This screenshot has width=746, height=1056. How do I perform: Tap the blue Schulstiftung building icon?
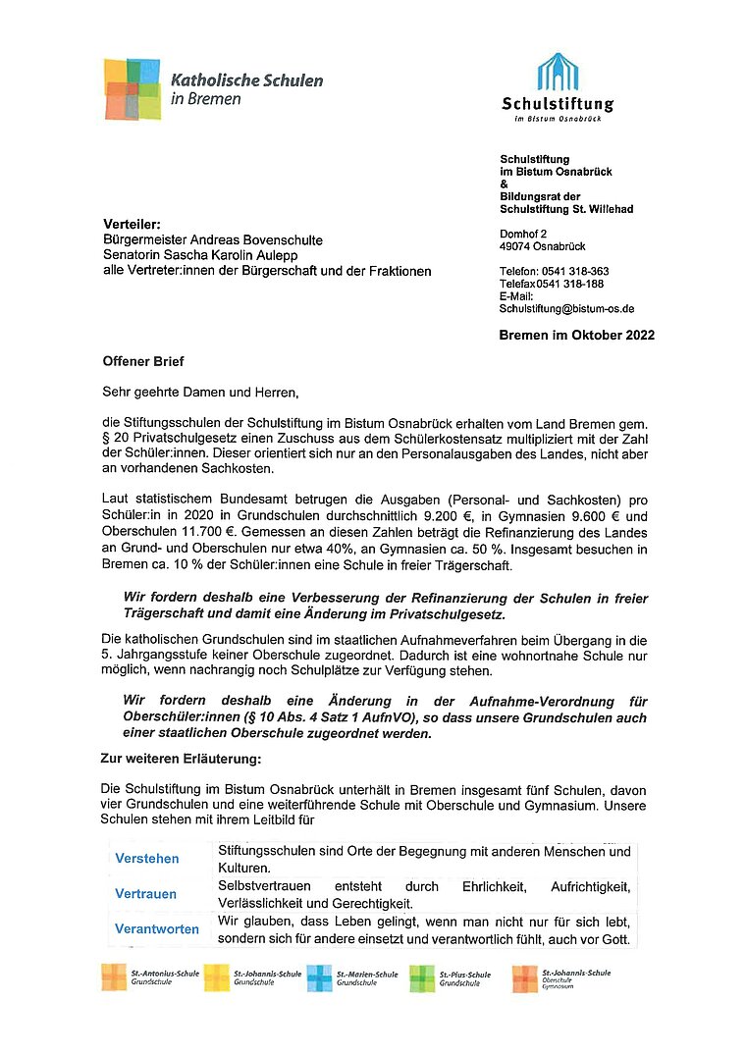pyautogui.click(x=557, y=74)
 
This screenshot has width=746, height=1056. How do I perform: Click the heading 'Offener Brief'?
pyautogui.click(x=143, y=361)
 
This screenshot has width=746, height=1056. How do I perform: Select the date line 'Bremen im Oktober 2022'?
pyautogui.click(x=576, y=335)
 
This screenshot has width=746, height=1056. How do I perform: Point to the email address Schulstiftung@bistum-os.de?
pyautogui.click(x=566, y=308)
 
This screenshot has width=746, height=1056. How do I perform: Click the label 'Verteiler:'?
pyautogui.click(x=132, y=225)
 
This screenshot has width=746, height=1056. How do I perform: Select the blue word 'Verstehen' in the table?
pyautogui.click(x=147, y=859)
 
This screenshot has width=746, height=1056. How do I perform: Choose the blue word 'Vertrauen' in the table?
pyautogui.click(x=146, y=894)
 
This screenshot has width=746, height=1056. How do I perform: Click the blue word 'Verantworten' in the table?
pyautogui.click(x=157, y=928)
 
